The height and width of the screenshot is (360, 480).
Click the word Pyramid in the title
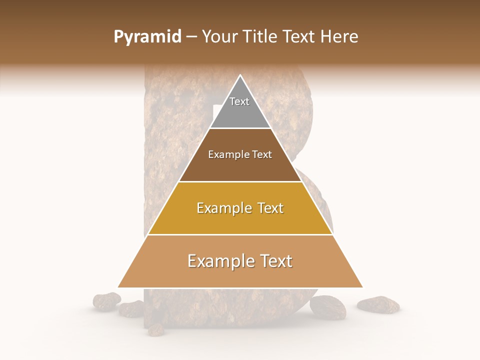(147, 37)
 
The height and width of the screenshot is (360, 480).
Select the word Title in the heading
(262, 37)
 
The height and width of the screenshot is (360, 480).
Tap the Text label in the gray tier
(239, 101)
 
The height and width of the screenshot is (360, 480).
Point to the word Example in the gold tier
(221, 208)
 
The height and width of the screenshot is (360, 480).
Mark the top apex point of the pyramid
(240, 75)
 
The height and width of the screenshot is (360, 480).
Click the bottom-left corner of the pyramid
(118, 287)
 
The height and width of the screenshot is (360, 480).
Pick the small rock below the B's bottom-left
(155, 329)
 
